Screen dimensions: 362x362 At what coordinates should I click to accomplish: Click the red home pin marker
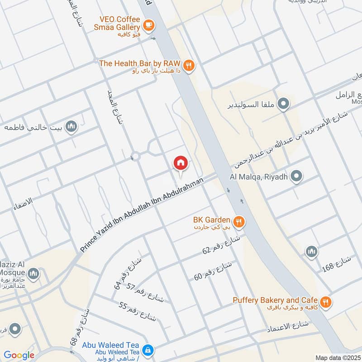181,163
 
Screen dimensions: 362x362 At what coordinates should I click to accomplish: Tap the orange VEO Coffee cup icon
148,24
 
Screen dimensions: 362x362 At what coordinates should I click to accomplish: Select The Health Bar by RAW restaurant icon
189,65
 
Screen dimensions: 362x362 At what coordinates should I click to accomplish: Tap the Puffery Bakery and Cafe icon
325,301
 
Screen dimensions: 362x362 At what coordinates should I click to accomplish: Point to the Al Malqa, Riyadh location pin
296,176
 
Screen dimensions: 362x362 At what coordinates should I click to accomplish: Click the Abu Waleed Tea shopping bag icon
148,350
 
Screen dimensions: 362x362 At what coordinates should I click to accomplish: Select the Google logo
19,355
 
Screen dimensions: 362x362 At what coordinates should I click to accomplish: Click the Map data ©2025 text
338,357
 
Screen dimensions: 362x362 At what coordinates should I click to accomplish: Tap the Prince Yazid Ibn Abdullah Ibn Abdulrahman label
142,214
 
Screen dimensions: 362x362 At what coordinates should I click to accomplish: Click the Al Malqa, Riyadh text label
259,176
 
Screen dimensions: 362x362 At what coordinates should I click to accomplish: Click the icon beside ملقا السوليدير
284,105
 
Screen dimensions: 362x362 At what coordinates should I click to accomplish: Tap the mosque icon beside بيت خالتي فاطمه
71,126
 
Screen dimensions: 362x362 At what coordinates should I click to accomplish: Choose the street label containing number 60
213,270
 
